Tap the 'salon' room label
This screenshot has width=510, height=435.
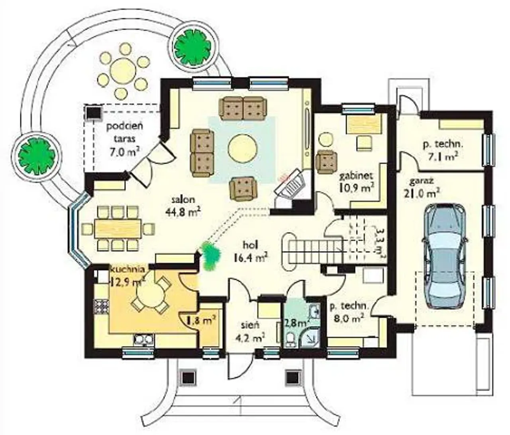(x=184, y=200)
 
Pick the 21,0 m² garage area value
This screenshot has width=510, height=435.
(x=422, y=193)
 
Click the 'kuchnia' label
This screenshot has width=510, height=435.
(x=128, y=269)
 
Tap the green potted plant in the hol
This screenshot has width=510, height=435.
(x=210, y=256)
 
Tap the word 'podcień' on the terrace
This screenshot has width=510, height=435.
(x=125, y=127)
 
